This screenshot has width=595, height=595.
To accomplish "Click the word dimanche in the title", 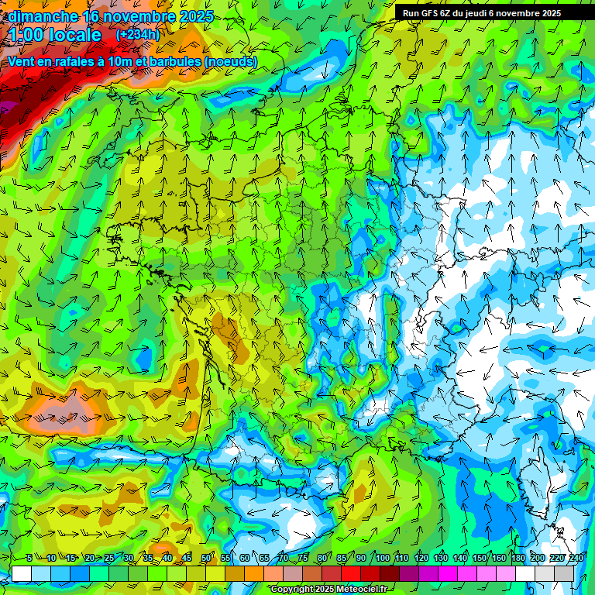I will (43, 16).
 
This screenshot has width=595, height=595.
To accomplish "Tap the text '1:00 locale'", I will (55, 35).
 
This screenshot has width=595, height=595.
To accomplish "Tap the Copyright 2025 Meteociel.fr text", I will (328, 590).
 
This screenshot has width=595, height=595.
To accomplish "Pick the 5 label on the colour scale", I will (29, 558).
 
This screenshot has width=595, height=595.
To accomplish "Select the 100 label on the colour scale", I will (383, 558).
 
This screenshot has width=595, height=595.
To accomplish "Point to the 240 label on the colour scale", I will (576, 558).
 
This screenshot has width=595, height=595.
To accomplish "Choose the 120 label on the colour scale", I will (421, 558).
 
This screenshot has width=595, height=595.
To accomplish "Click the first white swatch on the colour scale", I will (22, 573).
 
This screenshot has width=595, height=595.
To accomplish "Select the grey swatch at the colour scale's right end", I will (564, 573).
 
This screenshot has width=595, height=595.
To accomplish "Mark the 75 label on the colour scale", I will (303, 558).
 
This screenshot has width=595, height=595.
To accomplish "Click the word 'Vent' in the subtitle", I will (23, 61).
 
